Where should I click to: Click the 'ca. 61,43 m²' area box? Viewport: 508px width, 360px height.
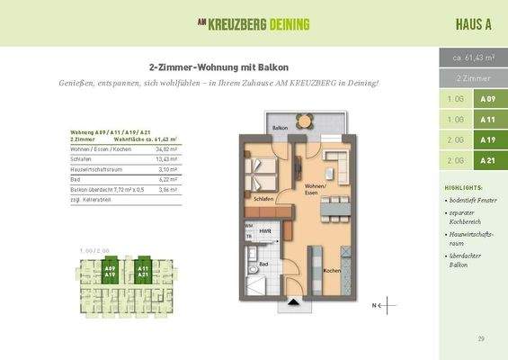pyautogui.click(x=473, y=57)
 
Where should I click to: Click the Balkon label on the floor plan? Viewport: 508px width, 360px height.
pyautogui.click(x=280, y=128)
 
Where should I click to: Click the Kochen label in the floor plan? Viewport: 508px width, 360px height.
pyautogui.click(x=330, y=271)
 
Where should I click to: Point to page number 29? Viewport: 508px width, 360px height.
pyautogui.click(x=481, y=338)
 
